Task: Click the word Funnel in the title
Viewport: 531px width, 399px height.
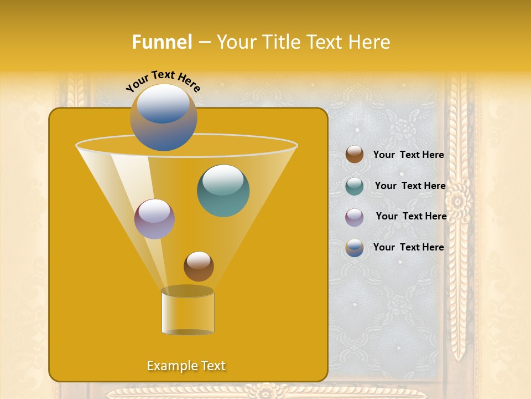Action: [x=162, y=42]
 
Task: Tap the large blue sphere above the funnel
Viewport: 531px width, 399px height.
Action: [x=163, y=117]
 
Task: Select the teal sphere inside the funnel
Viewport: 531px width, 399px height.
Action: [x=223, y=191]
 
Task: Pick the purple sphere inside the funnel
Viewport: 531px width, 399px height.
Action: [x=154, y=219]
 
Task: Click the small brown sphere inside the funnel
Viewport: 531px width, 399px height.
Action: [x=199, y=266]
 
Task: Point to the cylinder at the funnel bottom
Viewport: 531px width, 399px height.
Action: [x=188, y=313]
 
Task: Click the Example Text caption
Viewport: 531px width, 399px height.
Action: [x=186, y=366]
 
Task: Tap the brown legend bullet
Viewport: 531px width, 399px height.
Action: [x=355, y=155]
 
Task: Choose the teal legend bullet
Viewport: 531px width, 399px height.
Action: [x=355, y=186]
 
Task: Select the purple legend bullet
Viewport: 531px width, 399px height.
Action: [x=355, y=217]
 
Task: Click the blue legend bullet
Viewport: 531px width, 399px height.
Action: [x=355, y=248]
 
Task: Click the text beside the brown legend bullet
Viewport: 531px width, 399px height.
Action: [x=408, y=155]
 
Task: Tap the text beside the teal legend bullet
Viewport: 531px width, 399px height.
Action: [x=410, y=186]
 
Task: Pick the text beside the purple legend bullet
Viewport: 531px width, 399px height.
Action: [x=411, y=217]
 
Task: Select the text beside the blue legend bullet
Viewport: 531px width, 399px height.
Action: [x=408, y=248]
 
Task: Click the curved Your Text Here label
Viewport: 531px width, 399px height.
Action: [x=163, y=81]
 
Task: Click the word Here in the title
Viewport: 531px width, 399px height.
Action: [x=368, y=42]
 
